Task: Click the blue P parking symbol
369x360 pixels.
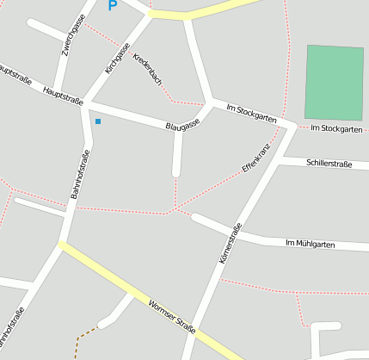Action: coord(112,5)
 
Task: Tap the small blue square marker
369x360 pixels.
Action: coord(98,121)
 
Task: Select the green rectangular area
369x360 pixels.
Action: coord(334,82)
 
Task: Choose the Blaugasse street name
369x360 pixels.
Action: coord(182,125)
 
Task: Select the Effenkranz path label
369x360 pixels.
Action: coord(256,158)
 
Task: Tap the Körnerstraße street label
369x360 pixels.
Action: coord(231,244)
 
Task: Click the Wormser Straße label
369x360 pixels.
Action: coord(171,316)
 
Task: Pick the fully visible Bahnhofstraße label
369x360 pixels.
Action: coord(80,176)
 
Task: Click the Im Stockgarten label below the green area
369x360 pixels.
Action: coord(337,128)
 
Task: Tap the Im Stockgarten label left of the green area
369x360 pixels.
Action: coord(251,114)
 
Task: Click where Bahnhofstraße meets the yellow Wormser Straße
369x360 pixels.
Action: coord(61,245)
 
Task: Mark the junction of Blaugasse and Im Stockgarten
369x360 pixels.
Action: coord(210,103)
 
